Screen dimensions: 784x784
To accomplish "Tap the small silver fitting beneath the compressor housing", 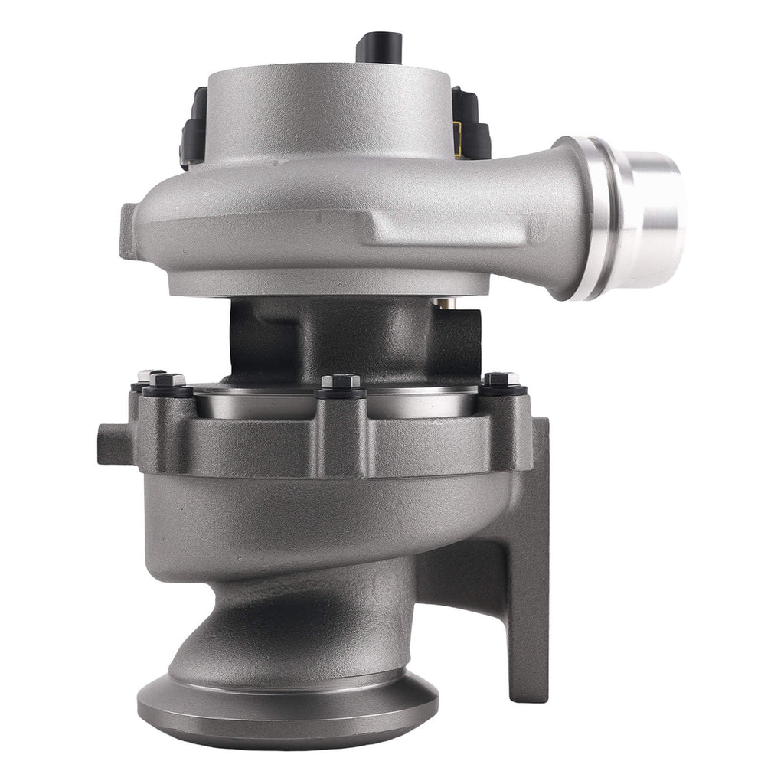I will pos(444,303).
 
